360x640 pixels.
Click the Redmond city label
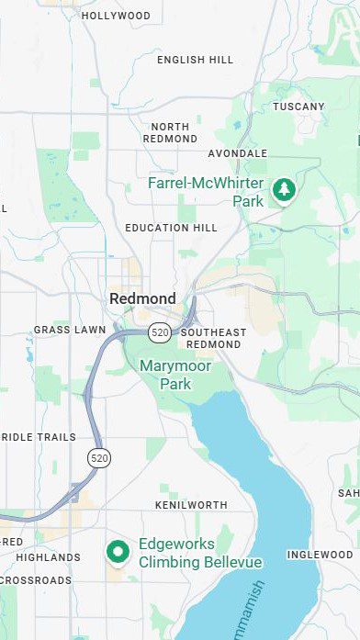(x=142, y=298)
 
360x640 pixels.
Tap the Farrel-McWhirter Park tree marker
(x=285, y=190)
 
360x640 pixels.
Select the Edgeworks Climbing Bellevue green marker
(x=117, y=551)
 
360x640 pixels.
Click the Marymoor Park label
(x=174, y=375)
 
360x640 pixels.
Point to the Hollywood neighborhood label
(x=116, y=16)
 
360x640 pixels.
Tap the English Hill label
(x=195, y=60)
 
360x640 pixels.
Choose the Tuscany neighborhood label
(x=298, y=107)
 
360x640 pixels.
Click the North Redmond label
(x=170, y=132)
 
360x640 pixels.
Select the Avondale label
(x=238, y=153)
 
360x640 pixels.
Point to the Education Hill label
(x=171, y=228)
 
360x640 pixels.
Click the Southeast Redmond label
(x=213, y=338)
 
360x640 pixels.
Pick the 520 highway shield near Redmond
(x=159, y=331)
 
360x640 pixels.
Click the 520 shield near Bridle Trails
(x=99, y=456)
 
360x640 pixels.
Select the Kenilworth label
(x=191, y=506)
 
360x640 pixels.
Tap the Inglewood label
(x=320, y=555)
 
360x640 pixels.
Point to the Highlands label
(x=48, y=557)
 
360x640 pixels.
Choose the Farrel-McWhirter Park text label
(x=206, y=192)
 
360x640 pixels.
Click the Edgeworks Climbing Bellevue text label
(x=199, y=553)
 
